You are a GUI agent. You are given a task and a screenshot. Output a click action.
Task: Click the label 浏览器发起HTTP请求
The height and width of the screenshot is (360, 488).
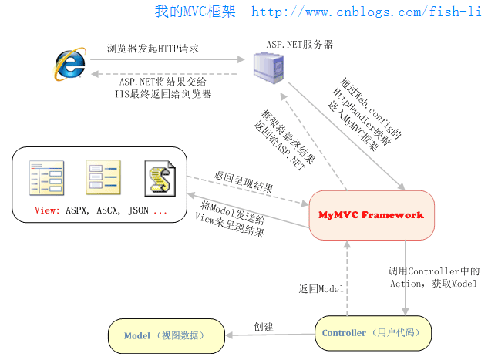[x=153, y=49]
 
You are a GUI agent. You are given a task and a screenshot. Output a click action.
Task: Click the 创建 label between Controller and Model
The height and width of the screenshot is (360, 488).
[x=264, y=327]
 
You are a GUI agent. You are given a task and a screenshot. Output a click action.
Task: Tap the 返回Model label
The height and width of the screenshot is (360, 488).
[x=321, y=288]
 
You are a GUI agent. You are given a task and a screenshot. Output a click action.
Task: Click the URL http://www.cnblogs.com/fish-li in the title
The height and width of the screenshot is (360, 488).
[x=369, y=12]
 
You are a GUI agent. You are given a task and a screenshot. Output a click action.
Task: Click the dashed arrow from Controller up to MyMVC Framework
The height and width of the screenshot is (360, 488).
[x=348, y=278]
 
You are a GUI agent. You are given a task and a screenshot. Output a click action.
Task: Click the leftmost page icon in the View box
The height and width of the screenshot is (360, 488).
[x=44, y=177]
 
